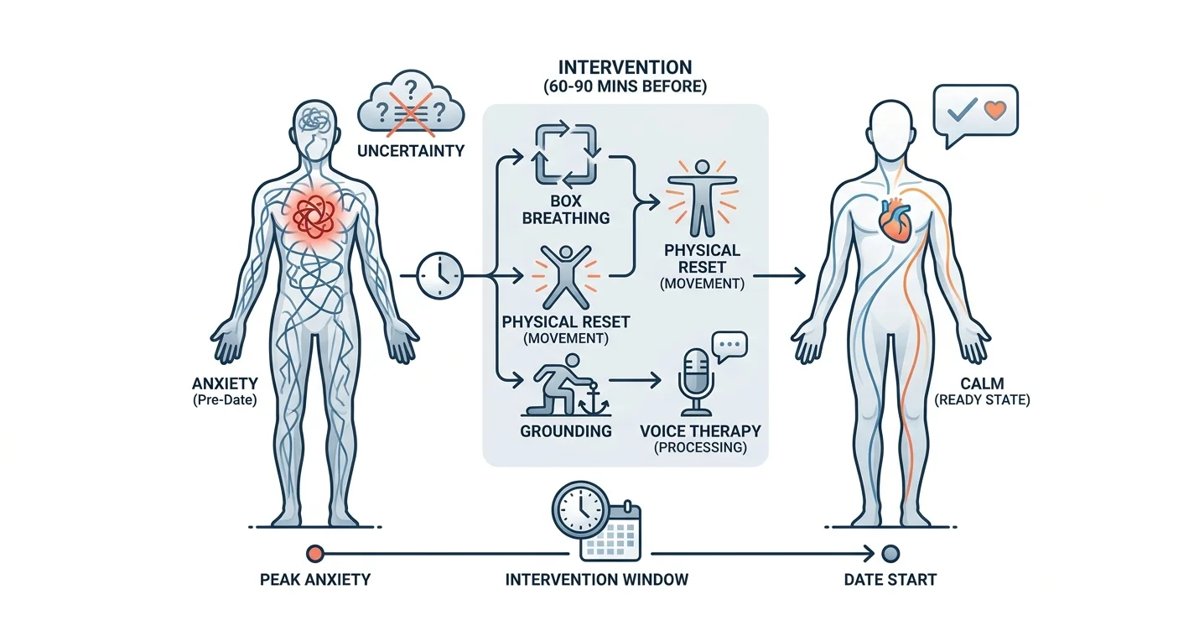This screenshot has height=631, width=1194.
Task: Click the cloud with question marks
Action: (411, 102)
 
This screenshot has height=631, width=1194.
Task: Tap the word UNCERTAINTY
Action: (411, 151)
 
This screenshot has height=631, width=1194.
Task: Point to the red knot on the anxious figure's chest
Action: (314, 216)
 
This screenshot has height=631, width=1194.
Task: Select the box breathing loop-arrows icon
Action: (565, 154)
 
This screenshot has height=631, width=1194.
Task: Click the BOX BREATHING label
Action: (565, 210)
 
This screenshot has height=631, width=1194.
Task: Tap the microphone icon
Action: (696, 382)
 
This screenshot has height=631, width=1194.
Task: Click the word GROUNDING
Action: (565, 430)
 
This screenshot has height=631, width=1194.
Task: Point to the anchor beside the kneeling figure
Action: (592, 398)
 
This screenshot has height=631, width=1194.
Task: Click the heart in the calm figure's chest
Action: (895, 219)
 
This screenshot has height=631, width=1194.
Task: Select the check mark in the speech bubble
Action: (962, 110)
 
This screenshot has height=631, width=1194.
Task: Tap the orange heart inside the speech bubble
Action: (994, 111)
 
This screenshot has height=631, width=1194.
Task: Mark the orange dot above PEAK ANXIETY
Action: (315, 554)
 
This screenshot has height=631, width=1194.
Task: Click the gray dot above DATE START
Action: (890, 554)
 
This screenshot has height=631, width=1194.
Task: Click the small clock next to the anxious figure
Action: (439, 275)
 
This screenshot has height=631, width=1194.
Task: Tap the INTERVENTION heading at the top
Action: (625, 67)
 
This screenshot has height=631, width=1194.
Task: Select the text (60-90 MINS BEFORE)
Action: (625, 86)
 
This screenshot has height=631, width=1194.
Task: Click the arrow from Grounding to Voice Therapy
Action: (634, 381)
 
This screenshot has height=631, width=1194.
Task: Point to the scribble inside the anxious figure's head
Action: (314, 121)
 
